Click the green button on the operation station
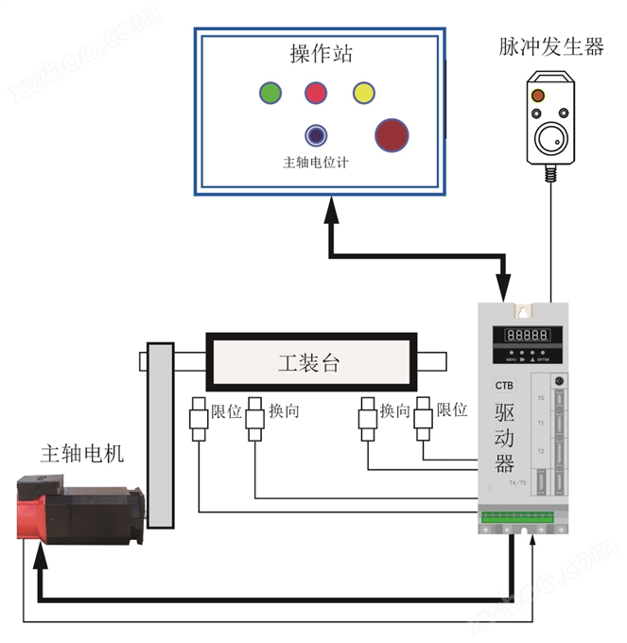point(270,93)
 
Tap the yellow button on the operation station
point(364,93)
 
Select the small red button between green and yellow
point(316,93)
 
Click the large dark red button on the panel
point(391,136)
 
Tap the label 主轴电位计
point(316,163)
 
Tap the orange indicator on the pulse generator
point(537,96)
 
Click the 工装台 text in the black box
point(308,363)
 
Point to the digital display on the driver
point(530,335)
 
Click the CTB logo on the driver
point(503,385)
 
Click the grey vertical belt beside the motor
point(160,436)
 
